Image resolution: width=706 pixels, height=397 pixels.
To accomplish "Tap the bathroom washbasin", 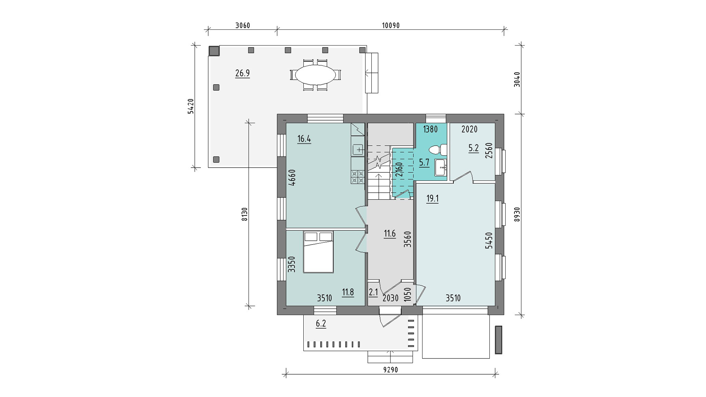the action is pos(441,168).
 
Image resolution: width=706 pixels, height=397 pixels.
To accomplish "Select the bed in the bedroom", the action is pos(318,252).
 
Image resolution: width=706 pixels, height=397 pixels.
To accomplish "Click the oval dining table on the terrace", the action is pos(316,75).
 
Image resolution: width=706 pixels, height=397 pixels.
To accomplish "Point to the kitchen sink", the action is pos(358,150).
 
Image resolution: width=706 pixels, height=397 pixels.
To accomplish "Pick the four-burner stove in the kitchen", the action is pos(358,177).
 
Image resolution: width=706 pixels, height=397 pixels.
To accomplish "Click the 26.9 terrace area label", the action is pos(243,73).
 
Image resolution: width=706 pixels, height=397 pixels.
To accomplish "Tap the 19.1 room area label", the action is pos(432,199).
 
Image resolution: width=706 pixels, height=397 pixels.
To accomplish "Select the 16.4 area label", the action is pos(304,139).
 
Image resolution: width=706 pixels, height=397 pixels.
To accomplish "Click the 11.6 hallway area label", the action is pos(390,233).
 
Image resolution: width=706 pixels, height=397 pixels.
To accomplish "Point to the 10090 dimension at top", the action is pos(391,25).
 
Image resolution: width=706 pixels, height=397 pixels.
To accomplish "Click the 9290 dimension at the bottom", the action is pos(391,370).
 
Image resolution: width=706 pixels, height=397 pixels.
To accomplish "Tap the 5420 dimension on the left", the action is pos(190,107).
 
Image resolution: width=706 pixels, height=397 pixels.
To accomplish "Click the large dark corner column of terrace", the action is pos(214,51).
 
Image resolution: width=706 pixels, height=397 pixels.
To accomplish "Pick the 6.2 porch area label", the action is pos(321,324).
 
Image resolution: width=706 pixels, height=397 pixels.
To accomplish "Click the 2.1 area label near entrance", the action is pos(373,293).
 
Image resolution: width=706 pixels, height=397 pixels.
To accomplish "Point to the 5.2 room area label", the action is pos(474,148).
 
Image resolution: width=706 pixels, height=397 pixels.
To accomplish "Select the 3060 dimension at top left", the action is pos(242,25).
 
